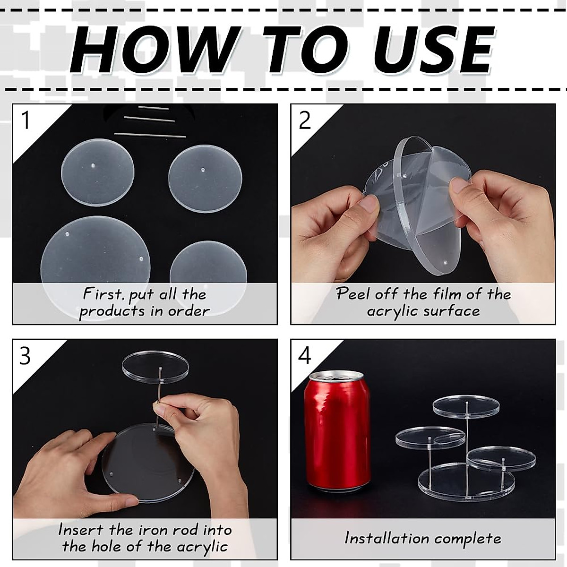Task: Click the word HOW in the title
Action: tap(154, 50)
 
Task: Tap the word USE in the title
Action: tap(432, 50)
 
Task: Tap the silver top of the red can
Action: tap(337, 379)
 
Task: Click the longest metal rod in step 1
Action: tap(150, 135)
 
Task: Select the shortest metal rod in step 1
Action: tap(154, 108)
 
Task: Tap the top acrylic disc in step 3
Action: tap(155, 368)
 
